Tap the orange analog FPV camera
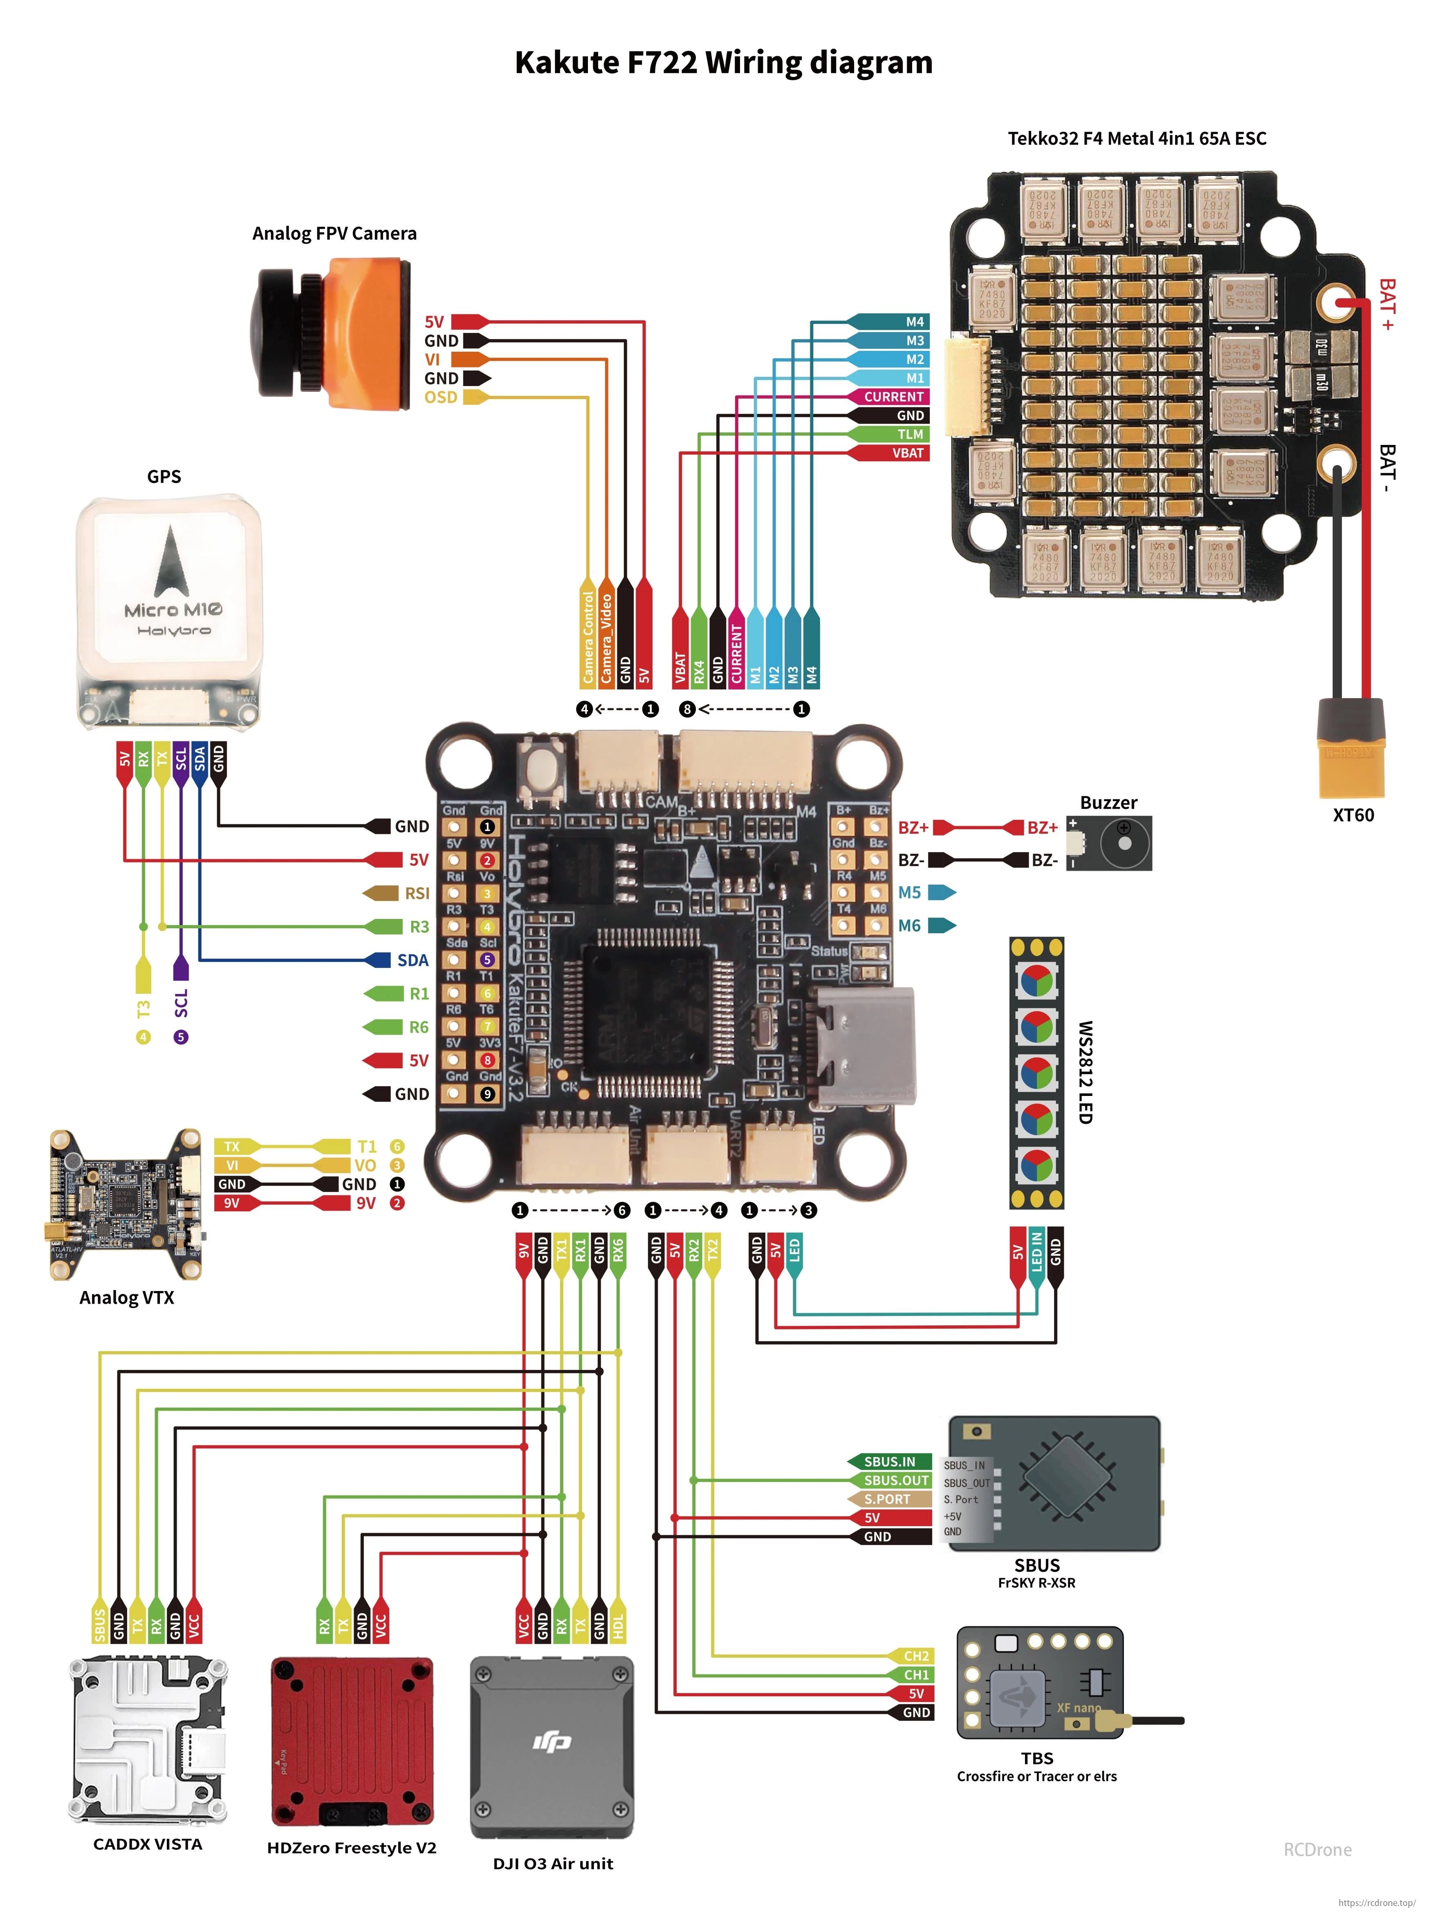tap(334, 333)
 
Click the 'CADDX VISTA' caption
tap(148, 1844)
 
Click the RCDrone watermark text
tap(1317, 1849)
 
